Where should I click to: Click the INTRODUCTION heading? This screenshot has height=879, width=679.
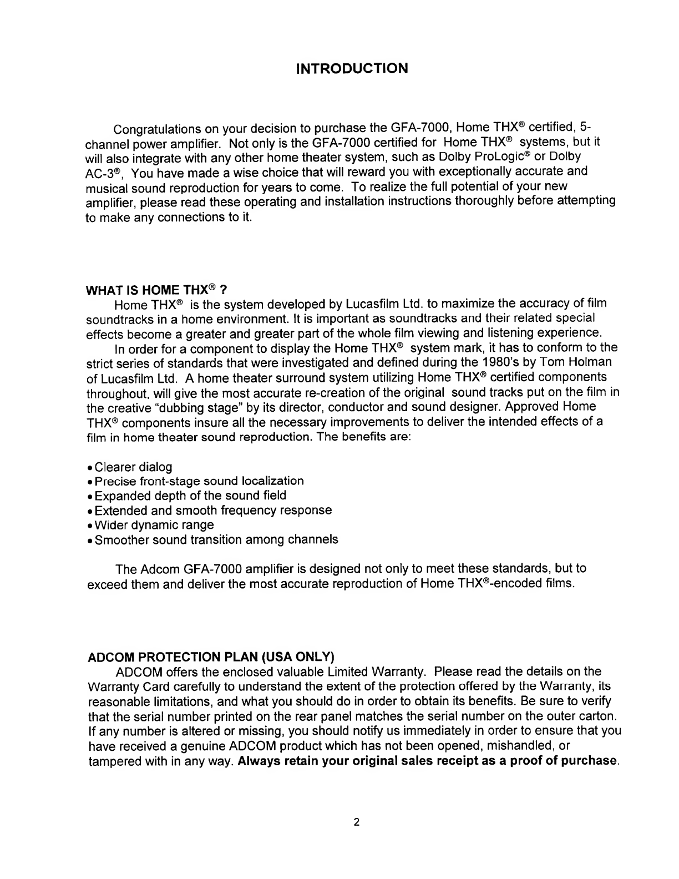pyautogui.click(x=352, y=69)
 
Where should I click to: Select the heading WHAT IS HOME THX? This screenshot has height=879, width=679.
pyautogui.click(x=157, y=290)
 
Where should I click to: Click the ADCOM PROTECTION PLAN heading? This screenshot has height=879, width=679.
pyautogui.click(x=211, y=658)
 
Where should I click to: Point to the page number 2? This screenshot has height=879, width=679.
pyautogui.click(x=357, y=822)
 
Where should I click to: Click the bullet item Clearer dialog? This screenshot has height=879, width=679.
pyautogui.click(x=133, y=467)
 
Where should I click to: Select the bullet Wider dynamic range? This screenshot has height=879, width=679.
pyautogui.click(x=154, y=525)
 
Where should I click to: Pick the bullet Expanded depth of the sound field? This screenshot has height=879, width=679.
pyautogui.click(x=190, y=496)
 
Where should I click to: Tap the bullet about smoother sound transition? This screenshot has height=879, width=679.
pyautogui.click(x=216, y=539)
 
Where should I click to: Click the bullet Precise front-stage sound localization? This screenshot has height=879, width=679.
pyautogui.click(x=199, y=481)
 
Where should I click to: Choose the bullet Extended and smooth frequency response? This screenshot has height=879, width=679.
pyautogui.click(x=213, y=510)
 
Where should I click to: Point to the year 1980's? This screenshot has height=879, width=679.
pyautogui.click(x=514, y=362)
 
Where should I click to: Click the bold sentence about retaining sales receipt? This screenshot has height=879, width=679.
pyautogui.click(x=428, y=760)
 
